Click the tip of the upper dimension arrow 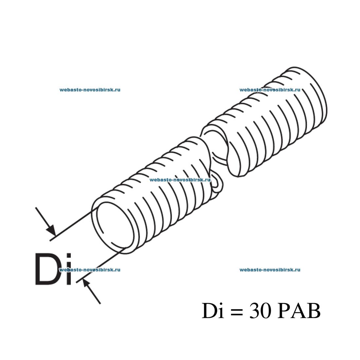[55, 236]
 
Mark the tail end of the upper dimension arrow [36, 207]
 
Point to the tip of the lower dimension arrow [83, 279]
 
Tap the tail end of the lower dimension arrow [100, 304]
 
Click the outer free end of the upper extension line [50, 241]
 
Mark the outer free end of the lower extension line [76, 282]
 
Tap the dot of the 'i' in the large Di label [68, 256]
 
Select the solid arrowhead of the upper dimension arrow [52, 230]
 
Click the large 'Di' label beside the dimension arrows [53, 269]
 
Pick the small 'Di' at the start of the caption [213, 310]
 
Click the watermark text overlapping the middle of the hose [180, 180]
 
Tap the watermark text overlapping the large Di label [90, 270]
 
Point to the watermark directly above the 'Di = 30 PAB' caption [270, 270]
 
